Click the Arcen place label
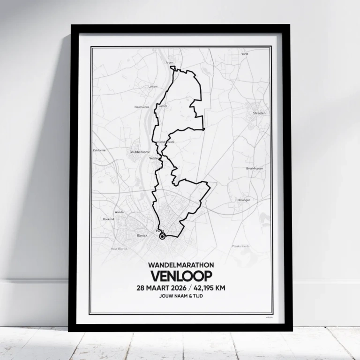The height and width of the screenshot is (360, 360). [170, 62]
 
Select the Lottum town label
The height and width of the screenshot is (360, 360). [153, 86]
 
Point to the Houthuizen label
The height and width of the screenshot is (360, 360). [142, 107]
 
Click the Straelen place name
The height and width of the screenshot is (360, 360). [259, 113]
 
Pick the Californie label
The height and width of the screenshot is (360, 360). [99, 150]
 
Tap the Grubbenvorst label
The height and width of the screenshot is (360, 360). [138, 152]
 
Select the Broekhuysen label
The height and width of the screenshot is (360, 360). [255, 168]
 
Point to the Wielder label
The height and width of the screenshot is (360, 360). [120, 212]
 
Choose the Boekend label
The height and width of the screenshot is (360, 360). [108, 219]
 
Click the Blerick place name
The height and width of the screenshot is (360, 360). [142, 235]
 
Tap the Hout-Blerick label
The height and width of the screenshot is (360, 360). [119, 248]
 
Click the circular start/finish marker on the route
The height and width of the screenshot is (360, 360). [162, 237]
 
